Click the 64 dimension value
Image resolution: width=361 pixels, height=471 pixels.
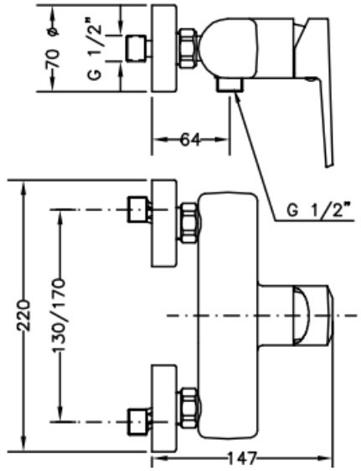click(x=190, y=140)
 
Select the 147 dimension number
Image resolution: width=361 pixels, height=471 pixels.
click(x=242, y=458)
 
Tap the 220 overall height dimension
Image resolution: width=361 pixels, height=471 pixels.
click(x=24, y=315)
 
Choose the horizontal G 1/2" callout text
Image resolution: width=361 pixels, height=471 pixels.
click(x=319, y=210)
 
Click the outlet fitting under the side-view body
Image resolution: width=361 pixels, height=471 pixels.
click(x=230, y=85)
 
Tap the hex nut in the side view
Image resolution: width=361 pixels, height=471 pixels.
click(x=189, y=49)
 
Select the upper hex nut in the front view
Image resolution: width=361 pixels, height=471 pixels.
click(x=189, y=222)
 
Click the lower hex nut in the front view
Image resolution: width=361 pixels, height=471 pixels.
click(x=189, y=407)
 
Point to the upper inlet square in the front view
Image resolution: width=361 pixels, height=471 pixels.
click(x=137, y=210)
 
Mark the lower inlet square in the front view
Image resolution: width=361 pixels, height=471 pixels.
click(x=137, y=422)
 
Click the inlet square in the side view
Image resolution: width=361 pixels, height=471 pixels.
click(x=136, y=49)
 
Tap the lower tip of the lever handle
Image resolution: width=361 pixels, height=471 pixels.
click(x=329, y=166)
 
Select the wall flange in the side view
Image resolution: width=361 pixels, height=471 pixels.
click(x=163, y=48)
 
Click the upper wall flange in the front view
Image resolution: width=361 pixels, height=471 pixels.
click(x=163, y=223)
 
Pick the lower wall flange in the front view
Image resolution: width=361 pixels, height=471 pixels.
click(x=163, y=408)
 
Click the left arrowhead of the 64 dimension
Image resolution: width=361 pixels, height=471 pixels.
click(x=160, y=140)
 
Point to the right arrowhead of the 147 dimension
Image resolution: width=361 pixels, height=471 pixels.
click(x=325, y=458)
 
